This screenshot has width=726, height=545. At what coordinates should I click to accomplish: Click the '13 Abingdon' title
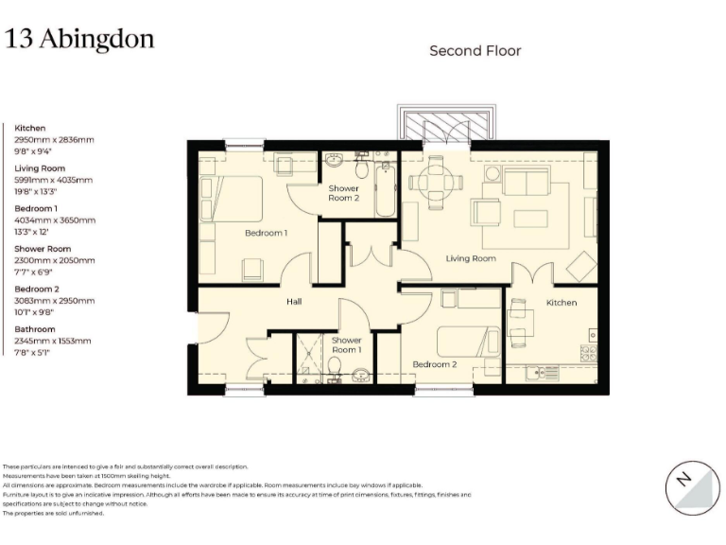coord(79,39)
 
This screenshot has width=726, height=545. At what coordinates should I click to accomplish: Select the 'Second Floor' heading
coord(475,50)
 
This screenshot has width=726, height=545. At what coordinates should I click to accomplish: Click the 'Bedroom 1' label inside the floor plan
coord(266,233)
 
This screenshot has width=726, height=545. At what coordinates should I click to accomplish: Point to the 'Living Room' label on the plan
coord(471,258)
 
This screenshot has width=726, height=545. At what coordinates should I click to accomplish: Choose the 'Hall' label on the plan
coord(295,302)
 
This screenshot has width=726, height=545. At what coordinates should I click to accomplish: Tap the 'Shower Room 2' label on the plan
coord(344,194)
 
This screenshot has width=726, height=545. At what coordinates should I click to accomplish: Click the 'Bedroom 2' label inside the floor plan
coord(435,363)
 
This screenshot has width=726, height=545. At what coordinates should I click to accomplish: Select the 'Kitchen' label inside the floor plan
coord(561,303)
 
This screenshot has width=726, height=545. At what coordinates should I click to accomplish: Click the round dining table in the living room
coord(436,183)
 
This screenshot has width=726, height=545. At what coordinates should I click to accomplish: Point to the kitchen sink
coord(545,374)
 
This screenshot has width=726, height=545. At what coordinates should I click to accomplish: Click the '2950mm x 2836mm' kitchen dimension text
coord(54,140)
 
